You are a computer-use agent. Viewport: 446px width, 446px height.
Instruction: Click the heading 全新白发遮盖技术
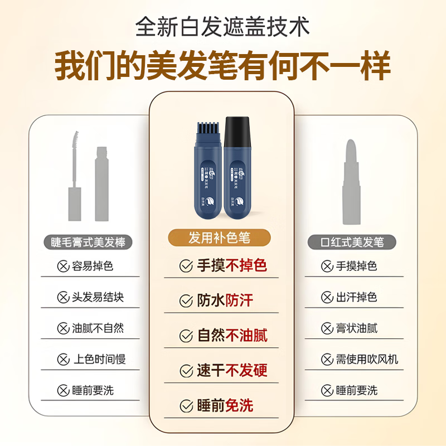[223, 27]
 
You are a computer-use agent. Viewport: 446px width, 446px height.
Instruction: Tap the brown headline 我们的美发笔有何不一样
[223, 67]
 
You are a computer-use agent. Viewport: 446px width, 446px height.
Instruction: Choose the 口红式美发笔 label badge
[352, 242]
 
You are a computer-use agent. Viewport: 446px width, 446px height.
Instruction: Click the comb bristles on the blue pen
[209, 129]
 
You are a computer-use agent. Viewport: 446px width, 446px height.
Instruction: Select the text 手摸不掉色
[232, 266]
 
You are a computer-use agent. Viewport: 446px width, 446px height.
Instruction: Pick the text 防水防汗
[225, 300]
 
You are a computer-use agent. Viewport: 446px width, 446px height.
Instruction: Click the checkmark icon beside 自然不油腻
[186, 336]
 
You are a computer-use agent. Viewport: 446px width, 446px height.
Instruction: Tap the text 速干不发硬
[232, 370]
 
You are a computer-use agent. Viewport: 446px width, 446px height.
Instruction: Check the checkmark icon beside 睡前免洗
[186, 405]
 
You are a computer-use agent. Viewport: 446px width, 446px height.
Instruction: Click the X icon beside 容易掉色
[62, 266]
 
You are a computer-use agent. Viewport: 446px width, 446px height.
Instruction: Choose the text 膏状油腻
[357, 328]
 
